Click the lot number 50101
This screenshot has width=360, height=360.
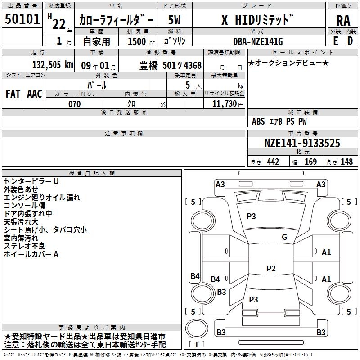(x=22, y=18)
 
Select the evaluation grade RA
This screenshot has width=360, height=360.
(x=343, y=21)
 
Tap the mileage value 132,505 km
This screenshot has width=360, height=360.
(x=53, y=65)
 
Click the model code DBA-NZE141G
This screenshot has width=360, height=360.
(x=258, y=41)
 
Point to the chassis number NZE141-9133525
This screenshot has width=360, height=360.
(x=302, y=143)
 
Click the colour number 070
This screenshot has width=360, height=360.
(x=75, y=104)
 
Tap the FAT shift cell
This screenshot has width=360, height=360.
(x=13, y=94)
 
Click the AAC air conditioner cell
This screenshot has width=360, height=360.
(x=35, y=94)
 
